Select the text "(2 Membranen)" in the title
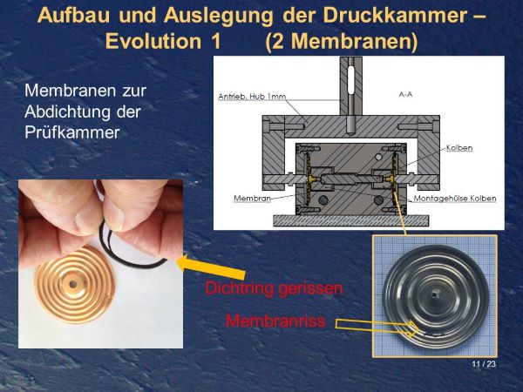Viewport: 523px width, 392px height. (341, 41)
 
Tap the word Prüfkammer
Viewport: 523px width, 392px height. (72, 132)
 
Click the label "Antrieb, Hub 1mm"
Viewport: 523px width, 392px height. (252, 97)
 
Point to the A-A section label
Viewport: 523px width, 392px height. (405, 94)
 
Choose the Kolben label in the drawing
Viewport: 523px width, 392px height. (459, 148)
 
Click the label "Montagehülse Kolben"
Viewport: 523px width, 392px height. (455, 199)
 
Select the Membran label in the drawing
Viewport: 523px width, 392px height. (252, 199)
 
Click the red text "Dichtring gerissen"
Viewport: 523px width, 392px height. (274, 287)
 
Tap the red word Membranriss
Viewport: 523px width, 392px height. (275, 321)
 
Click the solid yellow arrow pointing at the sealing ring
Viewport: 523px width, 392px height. (210, 267)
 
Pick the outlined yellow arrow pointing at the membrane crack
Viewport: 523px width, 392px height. (377, 327)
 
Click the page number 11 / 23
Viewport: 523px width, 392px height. (484, 364)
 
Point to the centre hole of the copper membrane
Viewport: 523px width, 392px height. (73, 284)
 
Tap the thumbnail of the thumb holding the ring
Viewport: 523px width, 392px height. (85, 219)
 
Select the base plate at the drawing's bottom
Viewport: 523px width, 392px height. (351, 220)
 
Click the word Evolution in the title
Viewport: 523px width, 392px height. (153, 41)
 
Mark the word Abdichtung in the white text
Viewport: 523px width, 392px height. (66, 112)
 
